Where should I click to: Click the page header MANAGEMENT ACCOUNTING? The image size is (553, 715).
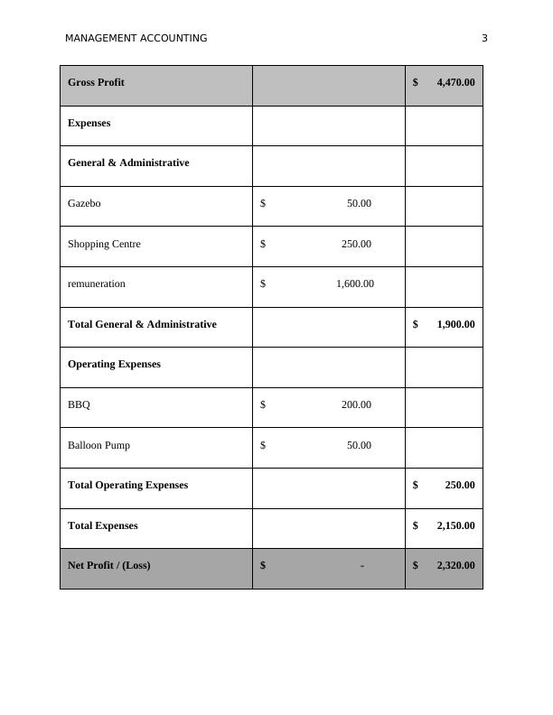pos(136,38)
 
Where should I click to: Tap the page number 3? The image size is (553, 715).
pos(484,38)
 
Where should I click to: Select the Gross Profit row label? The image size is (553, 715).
pos(96,82)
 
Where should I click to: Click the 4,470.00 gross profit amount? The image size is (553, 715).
pos(455,82)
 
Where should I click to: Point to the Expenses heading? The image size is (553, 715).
pos(89,123)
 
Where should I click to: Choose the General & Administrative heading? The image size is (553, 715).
pos(128,162)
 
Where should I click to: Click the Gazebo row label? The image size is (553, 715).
pos(84,203)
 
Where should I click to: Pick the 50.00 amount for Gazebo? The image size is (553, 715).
pos(359,203)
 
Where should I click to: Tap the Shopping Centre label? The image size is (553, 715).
pos(104,244)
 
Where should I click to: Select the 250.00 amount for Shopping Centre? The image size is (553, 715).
pos(356,244)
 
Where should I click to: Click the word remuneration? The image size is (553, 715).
pos(97,283)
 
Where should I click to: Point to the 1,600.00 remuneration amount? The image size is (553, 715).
pos(354,283)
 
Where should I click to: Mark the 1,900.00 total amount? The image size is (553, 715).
pos(455,324)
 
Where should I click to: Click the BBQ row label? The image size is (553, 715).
pos(79,404)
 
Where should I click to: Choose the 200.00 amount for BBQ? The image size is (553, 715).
pos(356,404)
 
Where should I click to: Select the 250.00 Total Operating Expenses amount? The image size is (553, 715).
pos(459,485)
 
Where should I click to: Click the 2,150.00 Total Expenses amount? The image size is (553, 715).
pos(455,525)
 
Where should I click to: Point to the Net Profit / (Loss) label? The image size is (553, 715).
pos(108,565)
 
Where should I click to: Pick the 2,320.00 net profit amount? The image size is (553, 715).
pos(455,565)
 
